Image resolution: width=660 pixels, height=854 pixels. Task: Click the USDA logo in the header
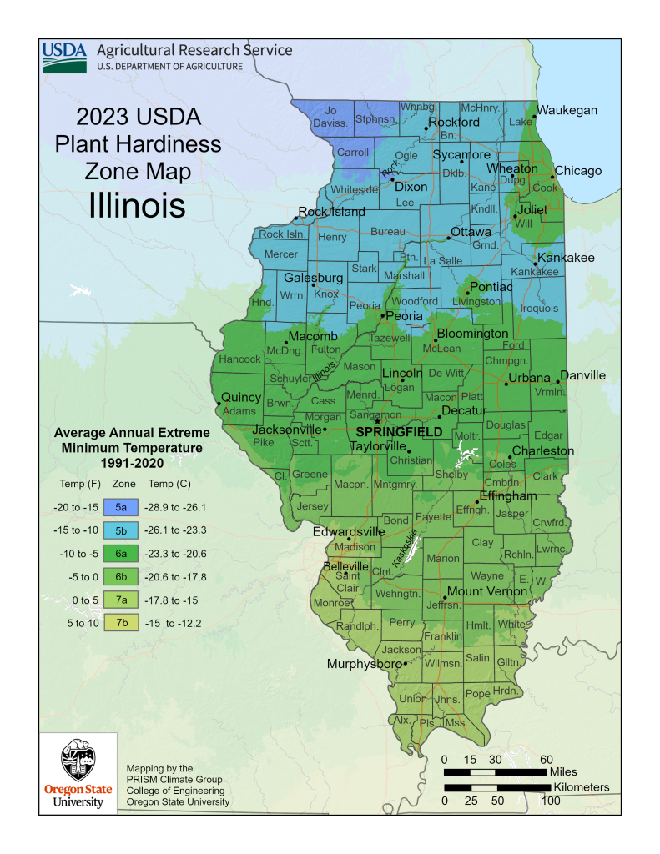click(x=64, y=58)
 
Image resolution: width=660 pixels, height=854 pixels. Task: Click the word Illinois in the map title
click(x=137, y=205)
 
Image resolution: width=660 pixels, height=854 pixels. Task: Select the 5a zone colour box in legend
click(x=121, y=506)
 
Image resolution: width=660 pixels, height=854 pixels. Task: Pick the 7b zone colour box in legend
click(x=121, y=622)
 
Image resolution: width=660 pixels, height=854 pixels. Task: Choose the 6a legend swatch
click(x=121, y=553)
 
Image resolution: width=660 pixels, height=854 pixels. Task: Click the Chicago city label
click(x=578, y=171)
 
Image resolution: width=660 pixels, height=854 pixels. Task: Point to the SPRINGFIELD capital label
click(x=399, y=431)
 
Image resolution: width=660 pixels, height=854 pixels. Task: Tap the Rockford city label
click(x=454, y=122)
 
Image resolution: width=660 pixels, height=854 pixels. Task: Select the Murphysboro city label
click(x=362, y=665)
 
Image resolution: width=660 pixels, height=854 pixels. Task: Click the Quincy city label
click(x=241, y=397)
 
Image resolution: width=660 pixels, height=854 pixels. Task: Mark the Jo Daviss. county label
click(x=332, y=117)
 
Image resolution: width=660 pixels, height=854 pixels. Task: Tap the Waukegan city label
click(x=567, y=110)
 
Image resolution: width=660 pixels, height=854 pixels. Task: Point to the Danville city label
click(x=582, y=375)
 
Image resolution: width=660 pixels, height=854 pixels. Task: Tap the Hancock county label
click(x=239, y=360)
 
